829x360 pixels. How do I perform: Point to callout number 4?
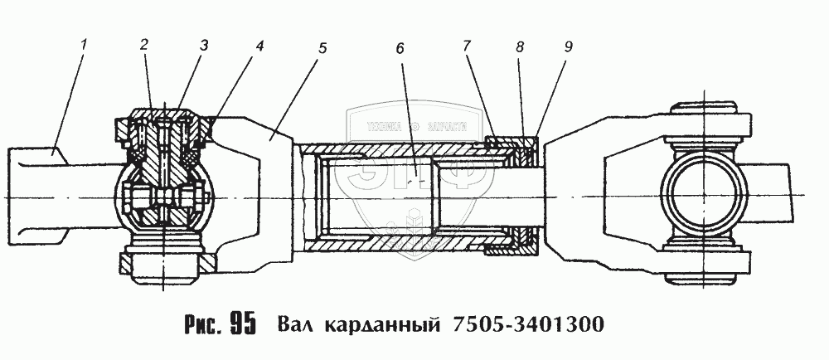[259, 46]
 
